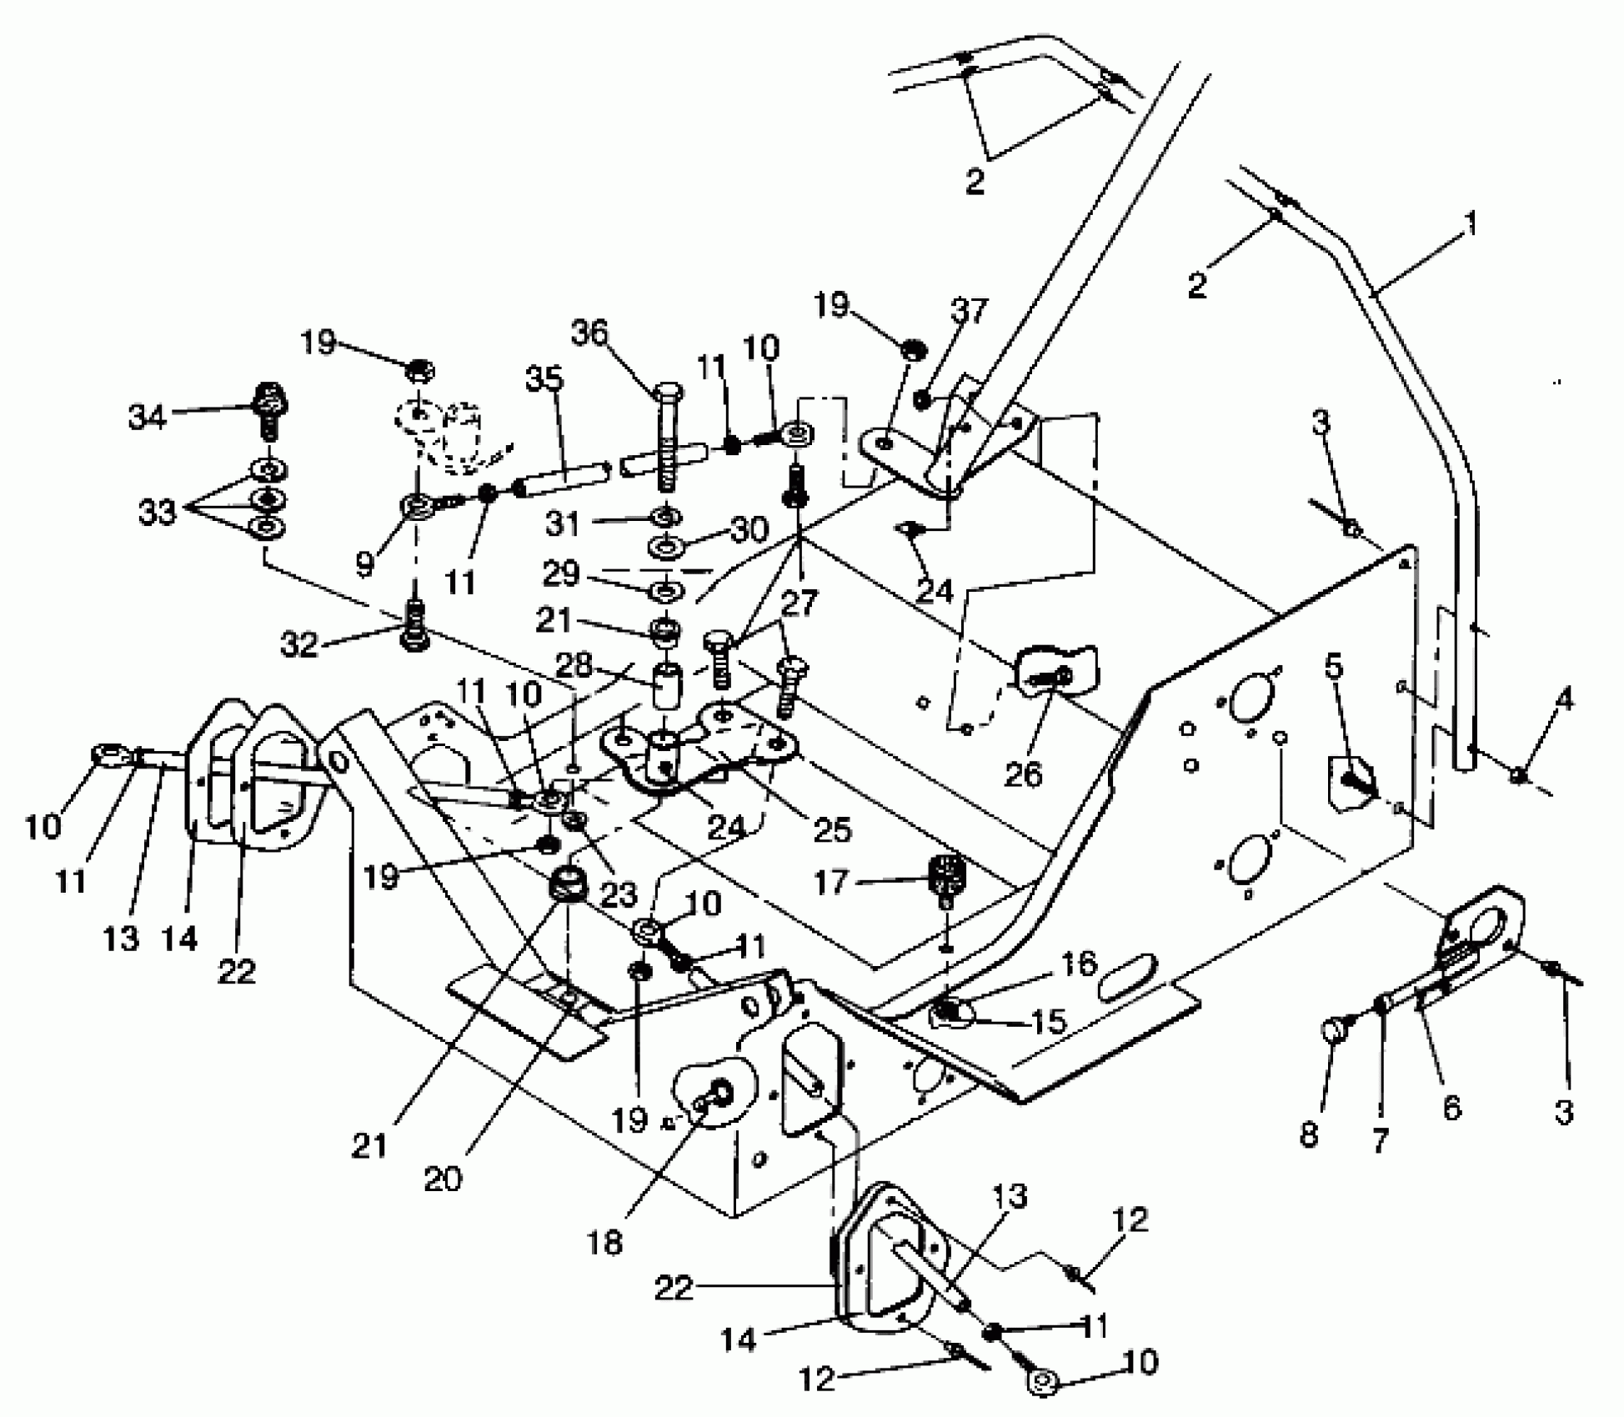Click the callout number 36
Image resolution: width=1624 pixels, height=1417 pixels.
pos(589,333)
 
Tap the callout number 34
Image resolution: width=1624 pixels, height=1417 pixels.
pos(148,417)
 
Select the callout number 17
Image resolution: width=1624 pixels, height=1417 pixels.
pos(831,881)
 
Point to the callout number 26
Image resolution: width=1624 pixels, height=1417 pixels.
pos(1023,774)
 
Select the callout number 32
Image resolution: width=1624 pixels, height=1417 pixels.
pos(300,643)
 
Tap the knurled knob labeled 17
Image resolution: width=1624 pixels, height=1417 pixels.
pos(946,877)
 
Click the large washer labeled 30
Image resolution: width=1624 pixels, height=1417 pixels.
pos(666,549)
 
